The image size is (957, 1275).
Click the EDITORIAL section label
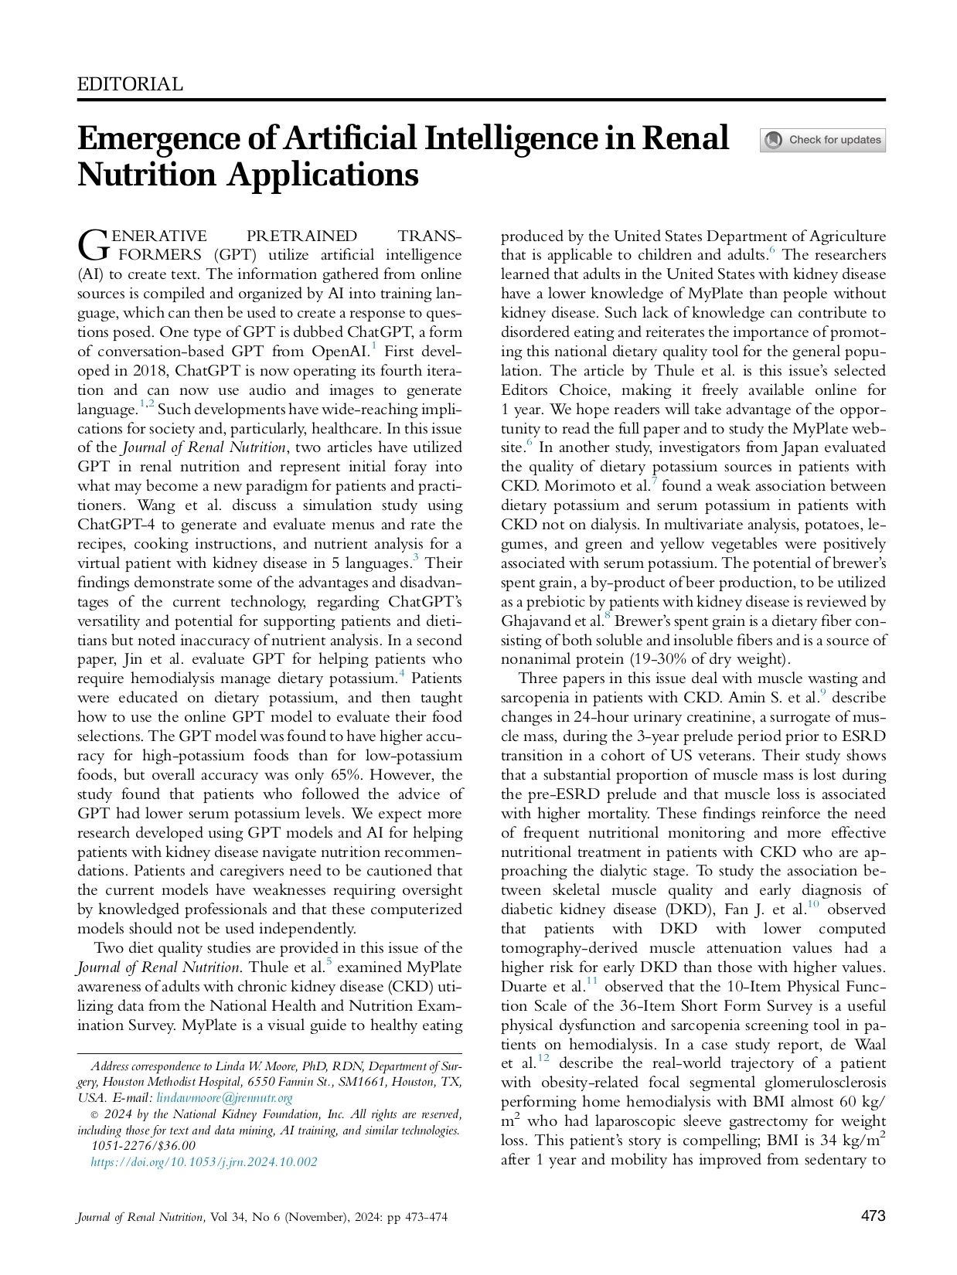(x=130, y=84)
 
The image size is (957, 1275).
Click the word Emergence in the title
(x=158, y=139)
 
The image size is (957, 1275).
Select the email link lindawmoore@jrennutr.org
(x=224, y=1097)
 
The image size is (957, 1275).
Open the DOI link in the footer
(x=204, y=1161)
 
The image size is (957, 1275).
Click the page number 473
(x=873, y=1215)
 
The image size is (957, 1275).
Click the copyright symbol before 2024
(x=95, y=1114)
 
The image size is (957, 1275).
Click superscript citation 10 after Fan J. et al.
(x=812, y=904)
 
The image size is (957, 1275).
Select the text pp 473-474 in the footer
(x=410, y=1217)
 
